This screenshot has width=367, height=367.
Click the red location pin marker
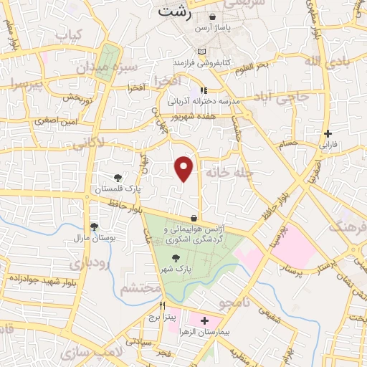(x=184, y=168)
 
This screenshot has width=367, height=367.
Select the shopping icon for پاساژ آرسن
(x=213, y=18)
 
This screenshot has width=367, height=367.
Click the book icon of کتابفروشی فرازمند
(x=202, y=52)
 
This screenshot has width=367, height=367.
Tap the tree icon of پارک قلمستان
(x=118, y=177)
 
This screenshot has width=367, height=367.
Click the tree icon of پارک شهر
(x=196, y=251)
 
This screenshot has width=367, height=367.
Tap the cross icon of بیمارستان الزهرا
(x=205, y=320)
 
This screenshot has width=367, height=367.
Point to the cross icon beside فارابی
(x=328, y=133)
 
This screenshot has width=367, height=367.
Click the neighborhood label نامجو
(x=232, y=305)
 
